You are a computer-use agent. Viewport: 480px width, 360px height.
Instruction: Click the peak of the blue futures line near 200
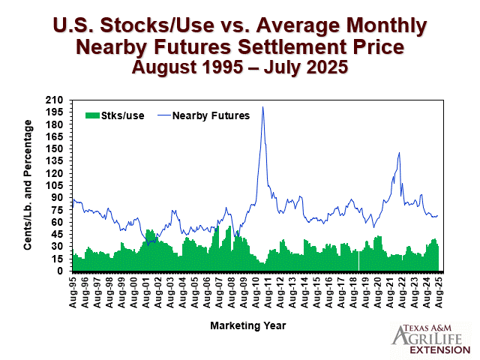click(x=262, y=106)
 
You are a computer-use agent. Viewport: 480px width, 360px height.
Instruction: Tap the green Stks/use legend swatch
click(x=92, y=115)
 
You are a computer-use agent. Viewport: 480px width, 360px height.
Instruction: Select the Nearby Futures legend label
click(x=211, y=115)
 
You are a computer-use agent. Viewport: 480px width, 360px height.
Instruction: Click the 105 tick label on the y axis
click(x=54, y=185)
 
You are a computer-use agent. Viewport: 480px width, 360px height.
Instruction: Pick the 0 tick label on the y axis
click(x=60, y=271)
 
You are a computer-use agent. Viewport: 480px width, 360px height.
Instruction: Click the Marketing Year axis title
click(x=248, y=325)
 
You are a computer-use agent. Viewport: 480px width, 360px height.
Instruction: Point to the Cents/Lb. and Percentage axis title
click(x=28, y=185)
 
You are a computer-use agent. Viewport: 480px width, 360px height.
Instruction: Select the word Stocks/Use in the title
click(x=157, y=25)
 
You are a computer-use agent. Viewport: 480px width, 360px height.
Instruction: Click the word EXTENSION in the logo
click(x=440, y=350)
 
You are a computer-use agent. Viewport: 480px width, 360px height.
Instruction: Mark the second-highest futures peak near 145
click(x=399, y=152)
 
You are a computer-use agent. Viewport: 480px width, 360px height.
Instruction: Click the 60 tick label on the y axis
click(x=57, y=222)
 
